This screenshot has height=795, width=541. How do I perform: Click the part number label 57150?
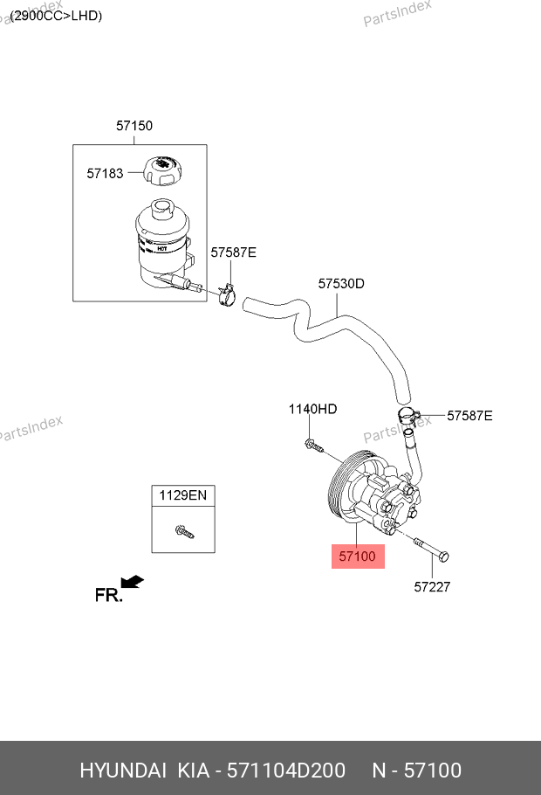pyautogui.click(x=134, y=126)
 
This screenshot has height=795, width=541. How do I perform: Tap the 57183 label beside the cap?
pyautogui.click(x=105, y=174)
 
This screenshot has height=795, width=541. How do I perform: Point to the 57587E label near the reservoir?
pyautogui.click(x=233, y=252)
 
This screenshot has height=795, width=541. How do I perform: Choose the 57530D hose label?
pyautogui.click(x=340, y=283)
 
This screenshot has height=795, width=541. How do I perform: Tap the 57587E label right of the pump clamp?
pyautogui.click(x=469, y=416)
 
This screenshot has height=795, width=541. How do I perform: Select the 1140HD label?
pyautogui.click(x=313, y=409)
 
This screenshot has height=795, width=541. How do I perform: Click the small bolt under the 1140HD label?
pyautogui.click(x=314, y=446)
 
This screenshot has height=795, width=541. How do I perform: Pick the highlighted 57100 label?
pyautogui.click(x=358, y=556)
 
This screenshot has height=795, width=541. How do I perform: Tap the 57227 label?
pyautogui.click(x=431, y=587)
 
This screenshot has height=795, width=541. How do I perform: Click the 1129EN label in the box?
pyautogui.click(x=182, y=495)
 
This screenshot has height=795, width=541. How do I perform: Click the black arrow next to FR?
pyautogui.click(x=132, y=582)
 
